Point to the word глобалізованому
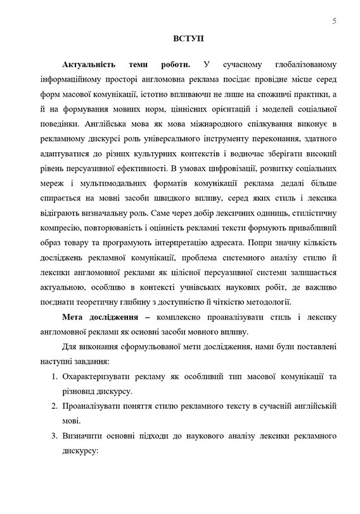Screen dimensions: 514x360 click(x=298, y=65)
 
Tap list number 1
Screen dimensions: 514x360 click(x=54, y=378)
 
